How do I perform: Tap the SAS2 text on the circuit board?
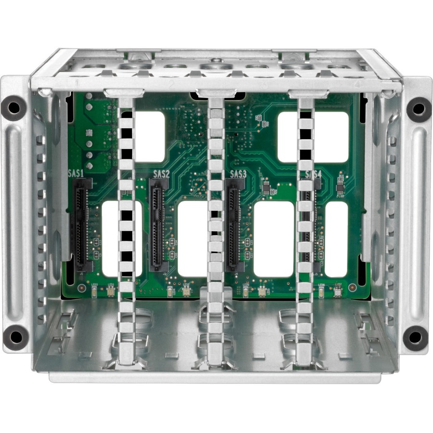coord(161,174)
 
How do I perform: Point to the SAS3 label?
coord(238,174)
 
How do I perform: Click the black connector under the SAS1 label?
coord(83,224)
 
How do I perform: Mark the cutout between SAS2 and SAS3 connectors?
coord(192,239)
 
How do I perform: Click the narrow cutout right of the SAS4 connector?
coord(336,239)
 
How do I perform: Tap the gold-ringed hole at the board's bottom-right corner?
coord(352,287)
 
